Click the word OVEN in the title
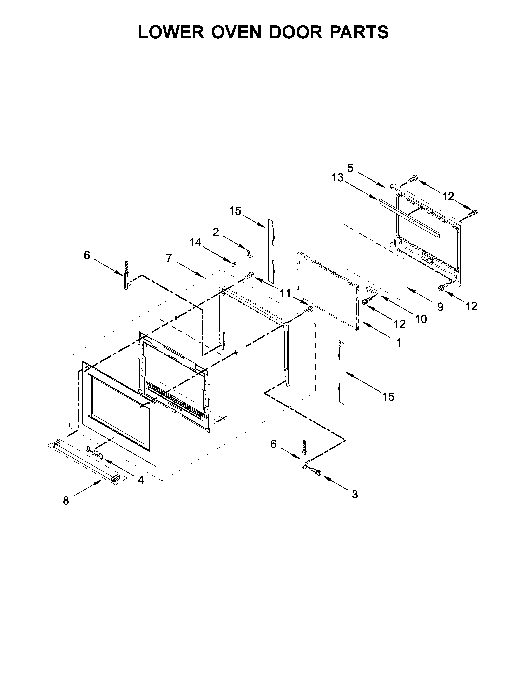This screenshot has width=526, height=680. pyautogui.click(x=237, y=32)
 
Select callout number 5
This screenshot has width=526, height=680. pyautogui.click(x=350, y=168)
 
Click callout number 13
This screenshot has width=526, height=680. pyautogui.click(x=337, y=178)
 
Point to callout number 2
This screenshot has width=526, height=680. pyautogui.click(x=216, y=232)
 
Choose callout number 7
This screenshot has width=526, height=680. pyautogui.click(x=169, y=258)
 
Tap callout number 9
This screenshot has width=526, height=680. pyautogui.click(x=440, y=307)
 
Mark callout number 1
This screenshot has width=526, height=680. pyautogui.click(x=399, y=343)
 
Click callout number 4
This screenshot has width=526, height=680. pyautogui.click(x=140, y=480)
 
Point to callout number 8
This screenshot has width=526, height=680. pyautogui.click(x=66, y=501)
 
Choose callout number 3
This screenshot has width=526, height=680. pyautogui.click(x=355, y=494)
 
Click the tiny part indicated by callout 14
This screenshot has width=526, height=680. pyautogui.click(x=233, y=265)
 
